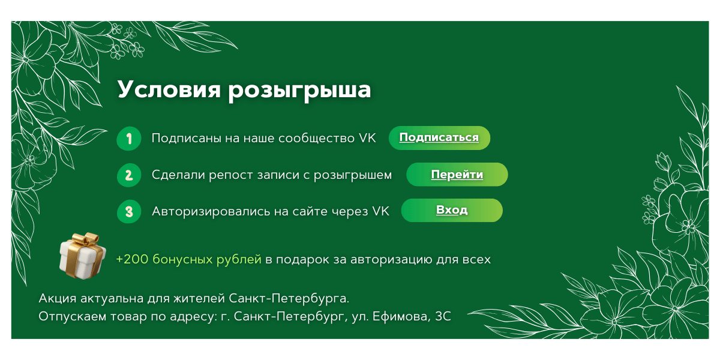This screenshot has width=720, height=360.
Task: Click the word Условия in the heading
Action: tap(169, 89)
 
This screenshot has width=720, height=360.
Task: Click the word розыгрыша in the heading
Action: tap(299, 91)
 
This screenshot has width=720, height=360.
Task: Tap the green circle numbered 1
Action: tap(129, 139)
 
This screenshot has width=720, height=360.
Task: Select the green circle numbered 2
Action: tap(129, 175)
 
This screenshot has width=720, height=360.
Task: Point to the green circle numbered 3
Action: tap(129, 211)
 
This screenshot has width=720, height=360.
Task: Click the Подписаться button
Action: tap(439, 138)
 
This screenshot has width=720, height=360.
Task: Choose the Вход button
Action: tap(452, 210)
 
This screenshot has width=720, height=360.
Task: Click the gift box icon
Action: tap(83, 256)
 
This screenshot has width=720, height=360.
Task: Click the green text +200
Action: tap(132, 259)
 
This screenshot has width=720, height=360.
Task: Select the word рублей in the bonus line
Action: tap(239, 260)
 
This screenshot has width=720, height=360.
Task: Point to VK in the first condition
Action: tap(367, 138)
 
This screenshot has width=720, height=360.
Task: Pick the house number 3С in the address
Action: tap(443, 316)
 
